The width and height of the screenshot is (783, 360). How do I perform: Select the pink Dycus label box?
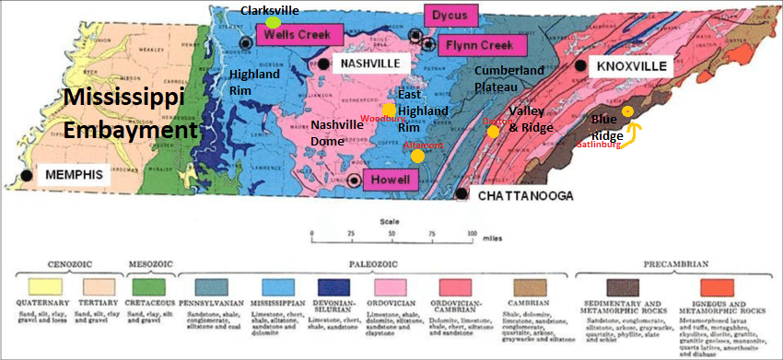(x=451, y=15)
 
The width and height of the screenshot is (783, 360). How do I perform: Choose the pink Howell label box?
(x=391, y=180)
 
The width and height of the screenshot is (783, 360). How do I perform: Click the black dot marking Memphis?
(x=28, y=175)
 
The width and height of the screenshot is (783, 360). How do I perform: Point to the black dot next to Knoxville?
(x=579, y=66)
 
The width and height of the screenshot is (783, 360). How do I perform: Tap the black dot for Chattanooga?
(x=461, y=193)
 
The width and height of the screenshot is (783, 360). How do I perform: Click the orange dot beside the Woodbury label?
(x=389, y=110)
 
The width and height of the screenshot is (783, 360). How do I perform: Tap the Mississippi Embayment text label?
(x=130, y=112)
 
